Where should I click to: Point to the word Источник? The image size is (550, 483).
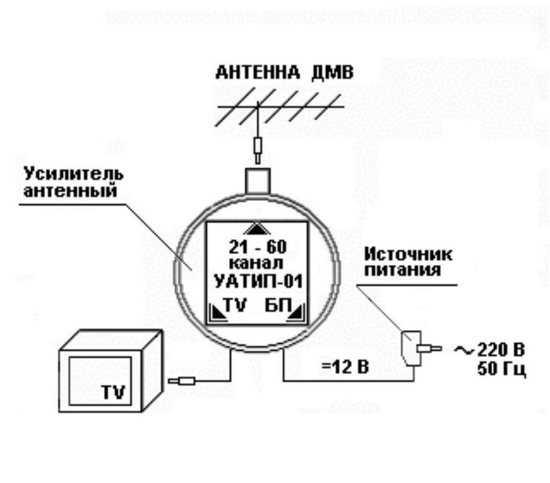click(x=409, y=255)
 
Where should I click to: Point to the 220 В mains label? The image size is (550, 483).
click(x=501, y=349)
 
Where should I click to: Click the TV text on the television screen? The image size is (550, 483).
click(x=113, y=392)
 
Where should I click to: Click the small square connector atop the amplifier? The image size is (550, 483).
click(x=257, y=180)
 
